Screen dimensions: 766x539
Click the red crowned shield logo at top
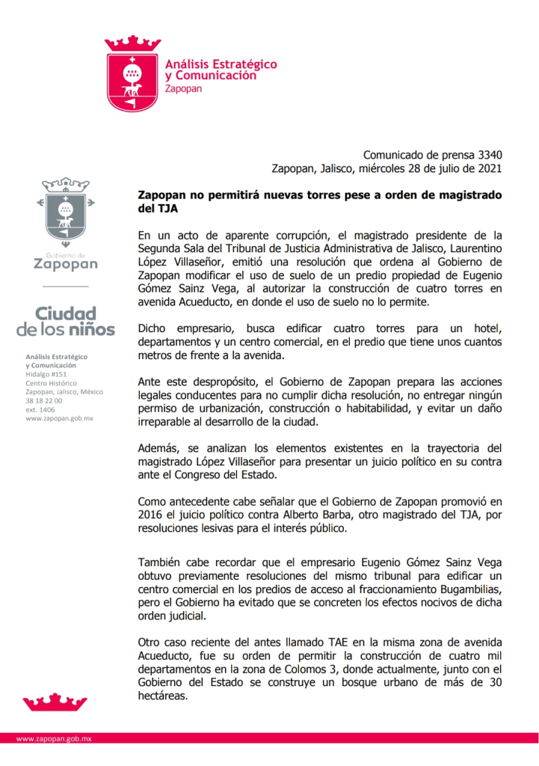pyautogui.click(x=132, y=73)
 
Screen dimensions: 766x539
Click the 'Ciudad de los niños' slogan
pyautogui.click(x=66, y=321)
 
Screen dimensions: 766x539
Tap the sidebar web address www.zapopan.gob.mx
pyautogui.click(x=58, y=419)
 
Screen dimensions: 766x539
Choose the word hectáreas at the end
pyautogui.click(x=164, y=696)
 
